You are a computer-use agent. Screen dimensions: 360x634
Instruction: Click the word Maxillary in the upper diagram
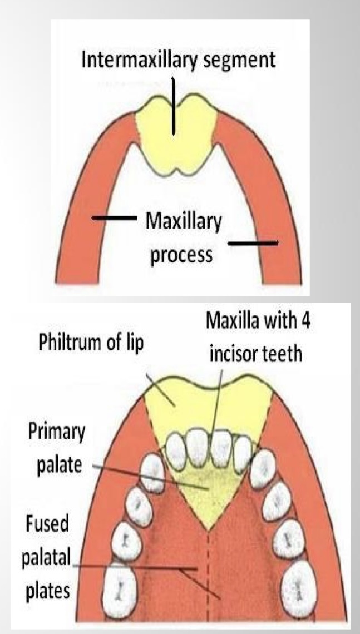coord(183,222)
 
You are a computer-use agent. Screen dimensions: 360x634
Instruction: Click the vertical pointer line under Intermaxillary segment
coord(173,106)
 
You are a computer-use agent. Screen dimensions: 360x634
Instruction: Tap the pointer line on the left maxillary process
coord(114,218)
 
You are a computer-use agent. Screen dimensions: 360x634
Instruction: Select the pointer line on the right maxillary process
coord(253,243)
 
